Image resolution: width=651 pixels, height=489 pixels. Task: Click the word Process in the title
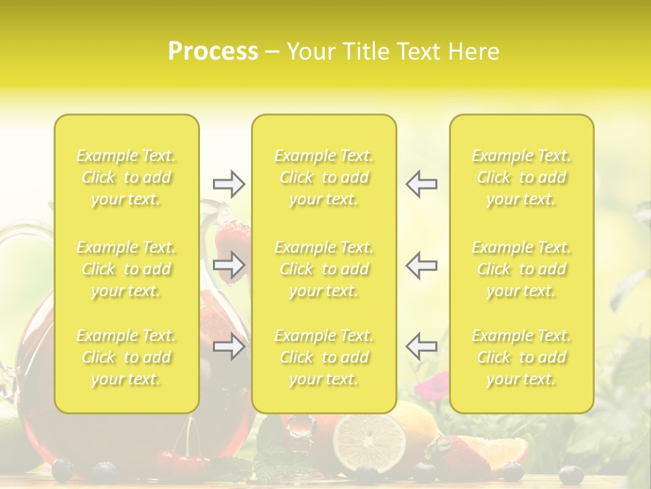pyautogui.click(x=213, y=52)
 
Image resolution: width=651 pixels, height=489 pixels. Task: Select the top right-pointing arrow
pyautogui.click(x=229, y=184)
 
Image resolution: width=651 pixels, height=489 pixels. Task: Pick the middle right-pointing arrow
pyautogui.click(x=229, y=264)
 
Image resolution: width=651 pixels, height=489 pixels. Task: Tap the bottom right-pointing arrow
pyautogui.click(x=229, y=347)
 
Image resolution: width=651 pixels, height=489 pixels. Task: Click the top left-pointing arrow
pyautogui.click(x=421, y=184)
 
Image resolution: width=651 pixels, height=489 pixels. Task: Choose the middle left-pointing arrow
pyautogui.click(x=421, y=264)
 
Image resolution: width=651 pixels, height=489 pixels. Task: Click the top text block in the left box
pyautogui.click(x=126, y=177)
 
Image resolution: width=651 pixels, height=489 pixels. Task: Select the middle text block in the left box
pyautogui.click(x=126, y=269)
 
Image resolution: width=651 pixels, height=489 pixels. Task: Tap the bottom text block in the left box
pyautogui.click(x=126, y=357)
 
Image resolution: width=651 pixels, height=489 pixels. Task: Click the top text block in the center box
pyautogui.click(x=324, y=177)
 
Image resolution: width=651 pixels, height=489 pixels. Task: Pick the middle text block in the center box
pyautogui.click(x=324, y=269)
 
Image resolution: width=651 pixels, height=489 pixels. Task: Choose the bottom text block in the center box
pyautogui.click(x=324, y=357)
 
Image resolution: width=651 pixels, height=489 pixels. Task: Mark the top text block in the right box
pyautogui.click(x=521, y=177)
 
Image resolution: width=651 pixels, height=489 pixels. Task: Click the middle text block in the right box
pyautogui.click(x=521, y=269)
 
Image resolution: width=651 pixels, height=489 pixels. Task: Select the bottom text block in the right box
pyautogui.click(x=521, y=357)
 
